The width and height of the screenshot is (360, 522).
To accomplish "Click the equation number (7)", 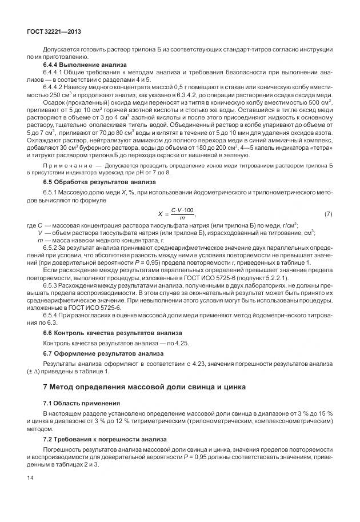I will coord(328,214).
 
